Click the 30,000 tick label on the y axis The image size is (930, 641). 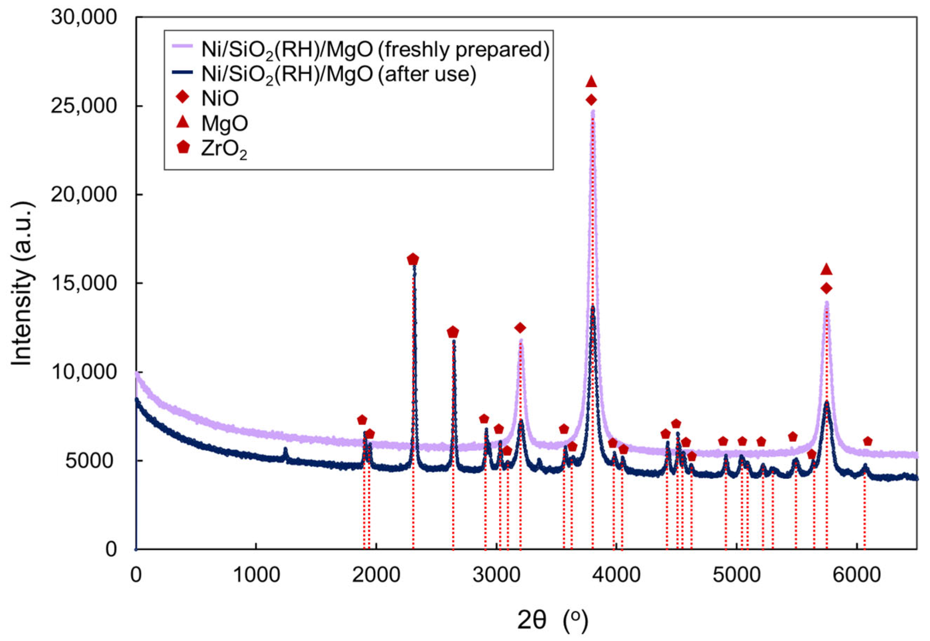click(x=84, y=18)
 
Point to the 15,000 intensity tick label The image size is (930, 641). click(x=84, y=284)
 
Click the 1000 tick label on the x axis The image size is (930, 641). click(x=256, y=576)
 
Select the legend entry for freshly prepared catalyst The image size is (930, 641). click(x=375, y=50)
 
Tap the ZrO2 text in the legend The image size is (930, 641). click(x=224, y=149)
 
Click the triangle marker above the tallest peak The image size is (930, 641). click(x=591, y=82)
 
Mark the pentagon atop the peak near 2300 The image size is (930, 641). click(x=413, y=260)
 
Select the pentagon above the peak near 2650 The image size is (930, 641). click(x=453, y=332)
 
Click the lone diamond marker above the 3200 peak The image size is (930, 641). click(x=521, y=328)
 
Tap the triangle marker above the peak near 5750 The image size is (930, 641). click(x=826, y=270)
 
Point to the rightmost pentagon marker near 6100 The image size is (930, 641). click(x=868, y=441)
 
